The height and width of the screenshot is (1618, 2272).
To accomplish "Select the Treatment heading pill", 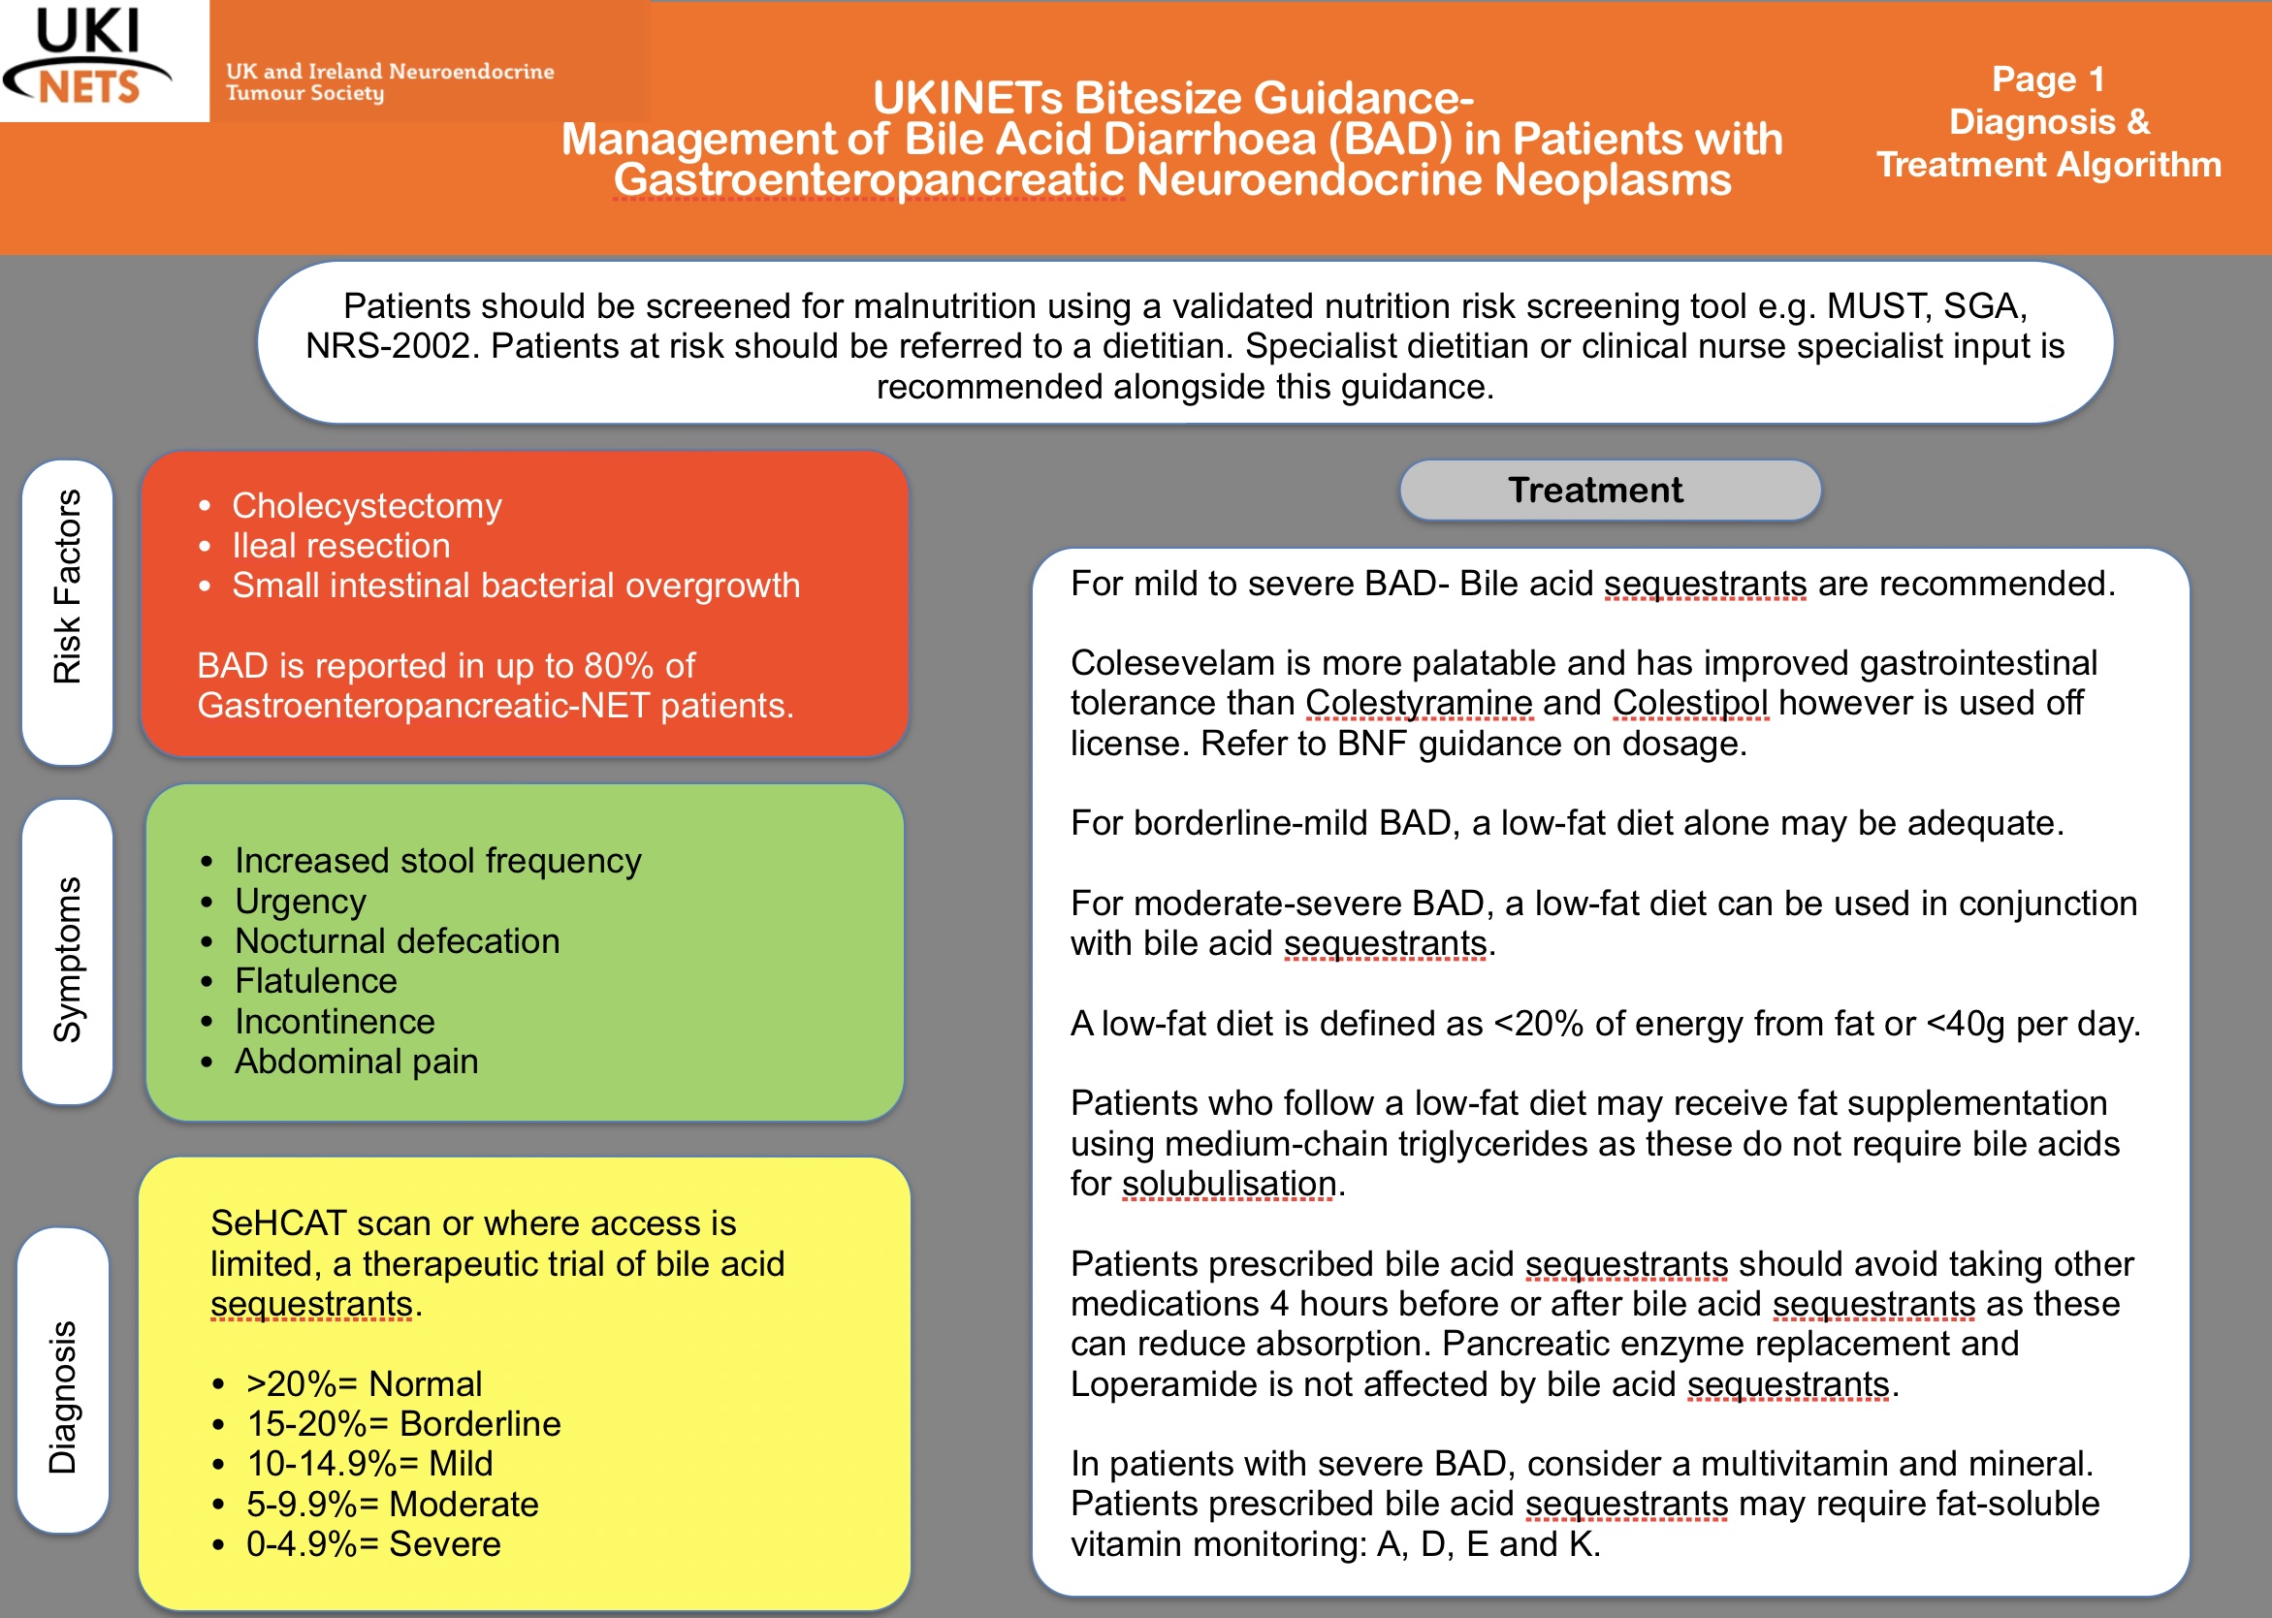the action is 1610,491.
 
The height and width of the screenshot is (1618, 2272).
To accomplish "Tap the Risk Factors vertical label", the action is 67,586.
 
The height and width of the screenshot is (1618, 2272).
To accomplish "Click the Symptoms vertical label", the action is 67,960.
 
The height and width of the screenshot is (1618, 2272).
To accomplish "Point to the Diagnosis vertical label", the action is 63,1397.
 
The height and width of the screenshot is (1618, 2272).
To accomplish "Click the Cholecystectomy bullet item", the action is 367,506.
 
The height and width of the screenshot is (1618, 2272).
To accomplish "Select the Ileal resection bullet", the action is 340,546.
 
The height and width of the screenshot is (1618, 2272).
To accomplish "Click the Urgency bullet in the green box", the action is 300,902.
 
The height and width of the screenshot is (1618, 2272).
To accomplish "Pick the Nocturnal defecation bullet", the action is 397,941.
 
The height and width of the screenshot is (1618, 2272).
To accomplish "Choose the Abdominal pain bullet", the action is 356,1063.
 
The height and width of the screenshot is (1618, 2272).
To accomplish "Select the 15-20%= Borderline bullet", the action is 403,1425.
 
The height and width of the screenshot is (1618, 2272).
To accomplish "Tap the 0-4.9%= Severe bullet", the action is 373,1544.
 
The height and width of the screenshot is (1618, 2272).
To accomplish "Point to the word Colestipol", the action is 1690,704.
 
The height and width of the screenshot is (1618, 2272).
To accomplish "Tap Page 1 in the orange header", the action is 2048,79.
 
